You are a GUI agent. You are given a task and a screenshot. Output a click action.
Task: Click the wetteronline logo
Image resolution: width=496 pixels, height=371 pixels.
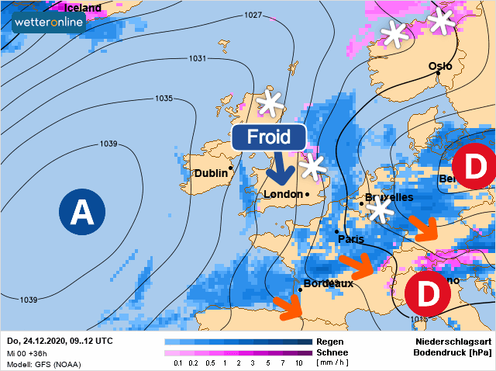coord(49,23)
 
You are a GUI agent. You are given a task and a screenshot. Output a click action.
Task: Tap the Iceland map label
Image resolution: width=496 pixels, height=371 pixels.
coord(82,8)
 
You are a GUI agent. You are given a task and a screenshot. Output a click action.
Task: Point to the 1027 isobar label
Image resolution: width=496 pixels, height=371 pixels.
coord(253,16)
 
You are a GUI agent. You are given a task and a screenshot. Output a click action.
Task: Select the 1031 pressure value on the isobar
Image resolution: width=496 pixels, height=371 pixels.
coord(198,59)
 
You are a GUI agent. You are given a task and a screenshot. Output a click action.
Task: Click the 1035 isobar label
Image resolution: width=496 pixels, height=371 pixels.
coord(164,99)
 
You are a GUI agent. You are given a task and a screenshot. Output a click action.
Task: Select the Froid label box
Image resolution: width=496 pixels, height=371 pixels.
coord(268,138)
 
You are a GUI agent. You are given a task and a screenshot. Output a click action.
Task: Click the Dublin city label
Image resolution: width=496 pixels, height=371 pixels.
coord(211,173)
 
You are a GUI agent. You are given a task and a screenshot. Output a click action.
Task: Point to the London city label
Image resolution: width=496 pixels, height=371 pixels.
coord(284,194)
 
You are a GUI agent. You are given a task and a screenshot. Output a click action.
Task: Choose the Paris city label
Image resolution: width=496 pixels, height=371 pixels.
coord(351,239)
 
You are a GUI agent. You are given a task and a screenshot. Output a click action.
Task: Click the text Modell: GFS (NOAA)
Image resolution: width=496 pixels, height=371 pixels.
coord(46,363)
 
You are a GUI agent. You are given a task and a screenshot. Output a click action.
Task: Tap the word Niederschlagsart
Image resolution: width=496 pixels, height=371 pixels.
coord(453,341)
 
